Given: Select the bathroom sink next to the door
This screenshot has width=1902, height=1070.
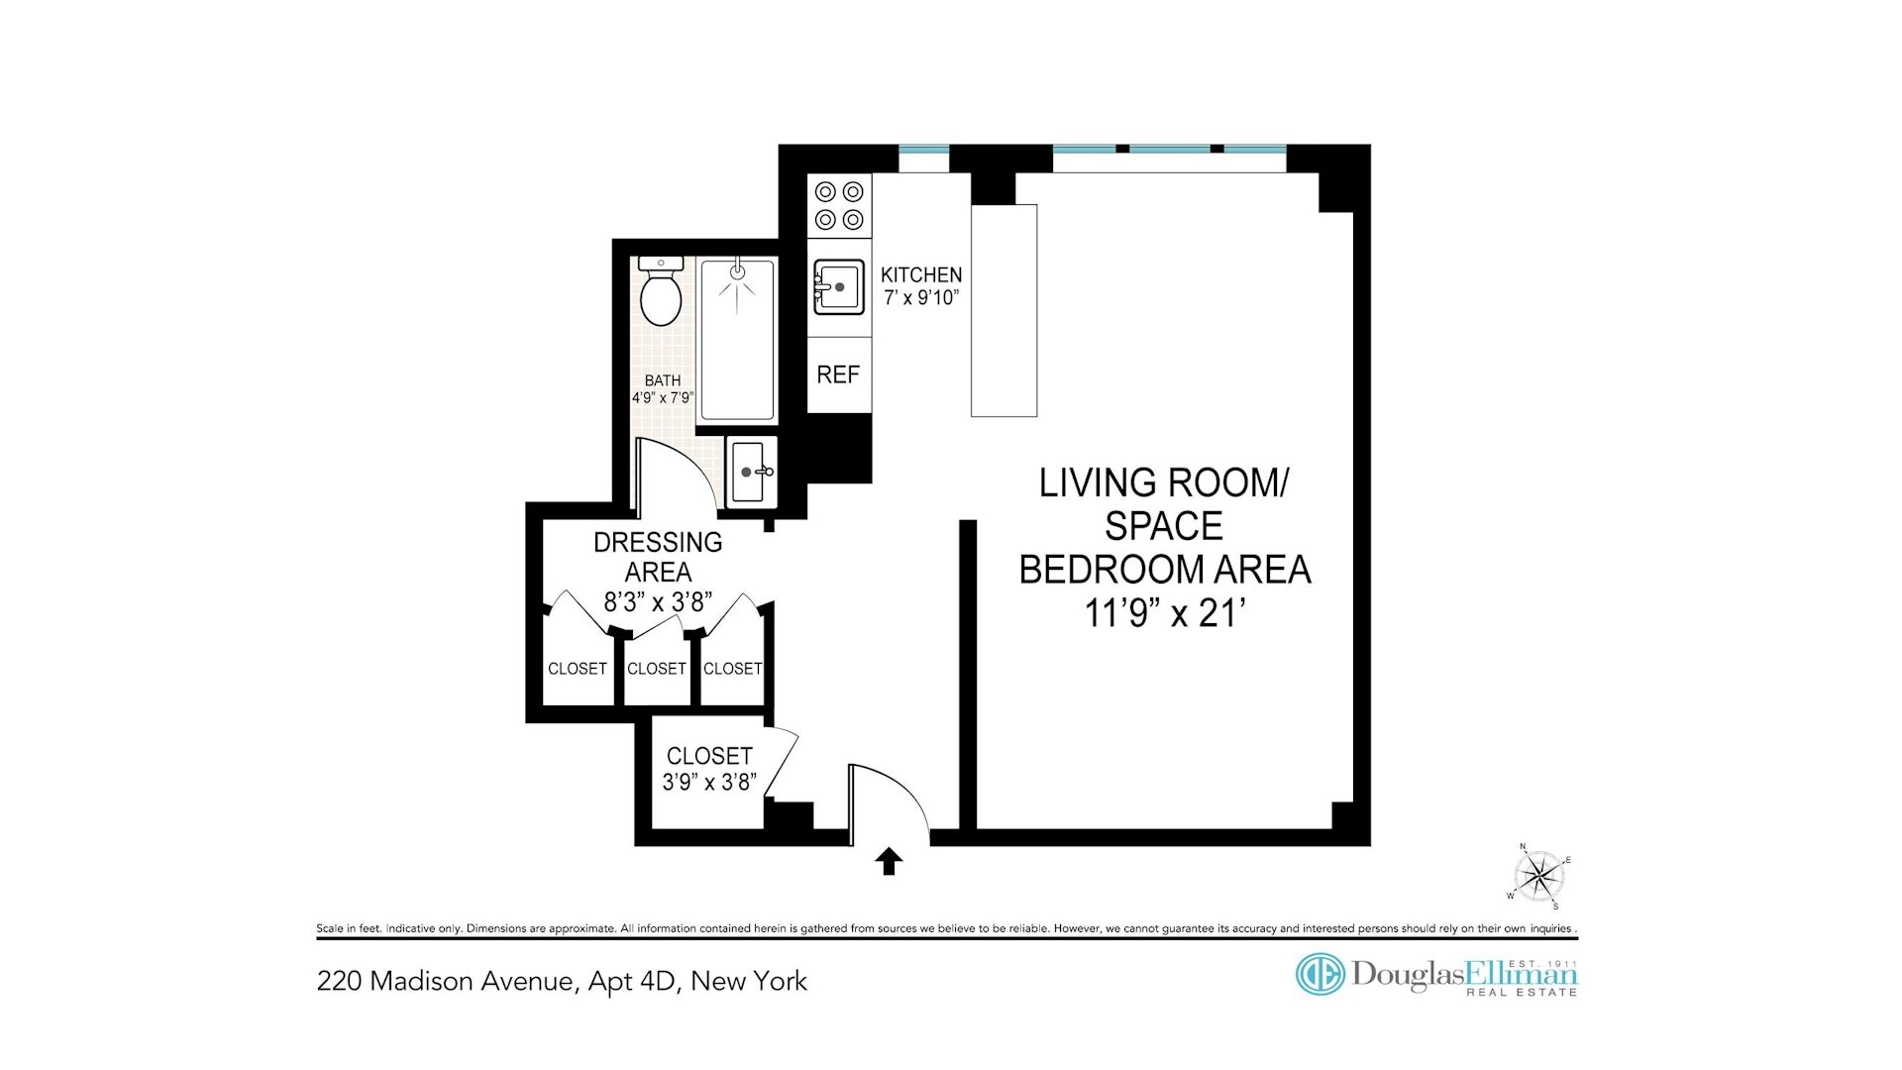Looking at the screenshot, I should (x=750, y=472).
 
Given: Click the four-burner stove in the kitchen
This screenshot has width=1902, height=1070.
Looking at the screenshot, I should (x=839, y=206).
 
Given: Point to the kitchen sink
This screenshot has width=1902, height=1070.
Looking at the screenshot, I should (x=838, y=287).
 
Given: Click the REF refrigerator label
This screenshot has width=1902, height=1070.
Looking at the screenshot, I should (x=838, y=374).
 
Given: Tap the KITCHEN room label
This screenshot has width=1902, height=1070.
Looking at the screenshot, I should (x=921, y=274).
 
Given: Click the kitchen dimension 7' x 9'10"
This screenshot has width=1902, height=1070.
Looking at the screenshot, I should (x=921, y=297).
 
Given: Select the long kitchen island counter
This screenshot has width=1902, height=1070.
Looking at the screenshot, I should (x=1004, y=310).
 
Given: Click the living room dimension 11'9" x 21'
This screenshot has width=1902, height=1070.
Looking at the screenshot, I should (x=1165, y=613).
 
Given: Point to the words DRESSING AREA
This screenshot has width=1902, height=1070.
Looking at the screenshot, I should (x=658, y=557).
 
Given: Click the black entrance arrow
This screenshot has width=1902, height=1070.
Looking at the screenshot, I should (x=889, y=861).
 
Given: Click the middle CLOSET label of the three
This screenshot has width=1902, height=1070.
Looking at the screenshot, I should (x=657, y=669).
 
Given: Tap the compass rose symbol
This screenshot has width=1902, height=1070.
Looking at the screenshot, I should (x=1538, y=876).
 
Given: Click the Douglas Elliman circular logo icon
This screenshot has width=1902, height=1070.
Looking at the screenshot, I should (x=1320, y=975).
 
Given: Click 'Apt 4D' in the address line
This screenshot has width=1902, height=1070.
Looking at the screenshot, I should (x=632, y=981).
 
